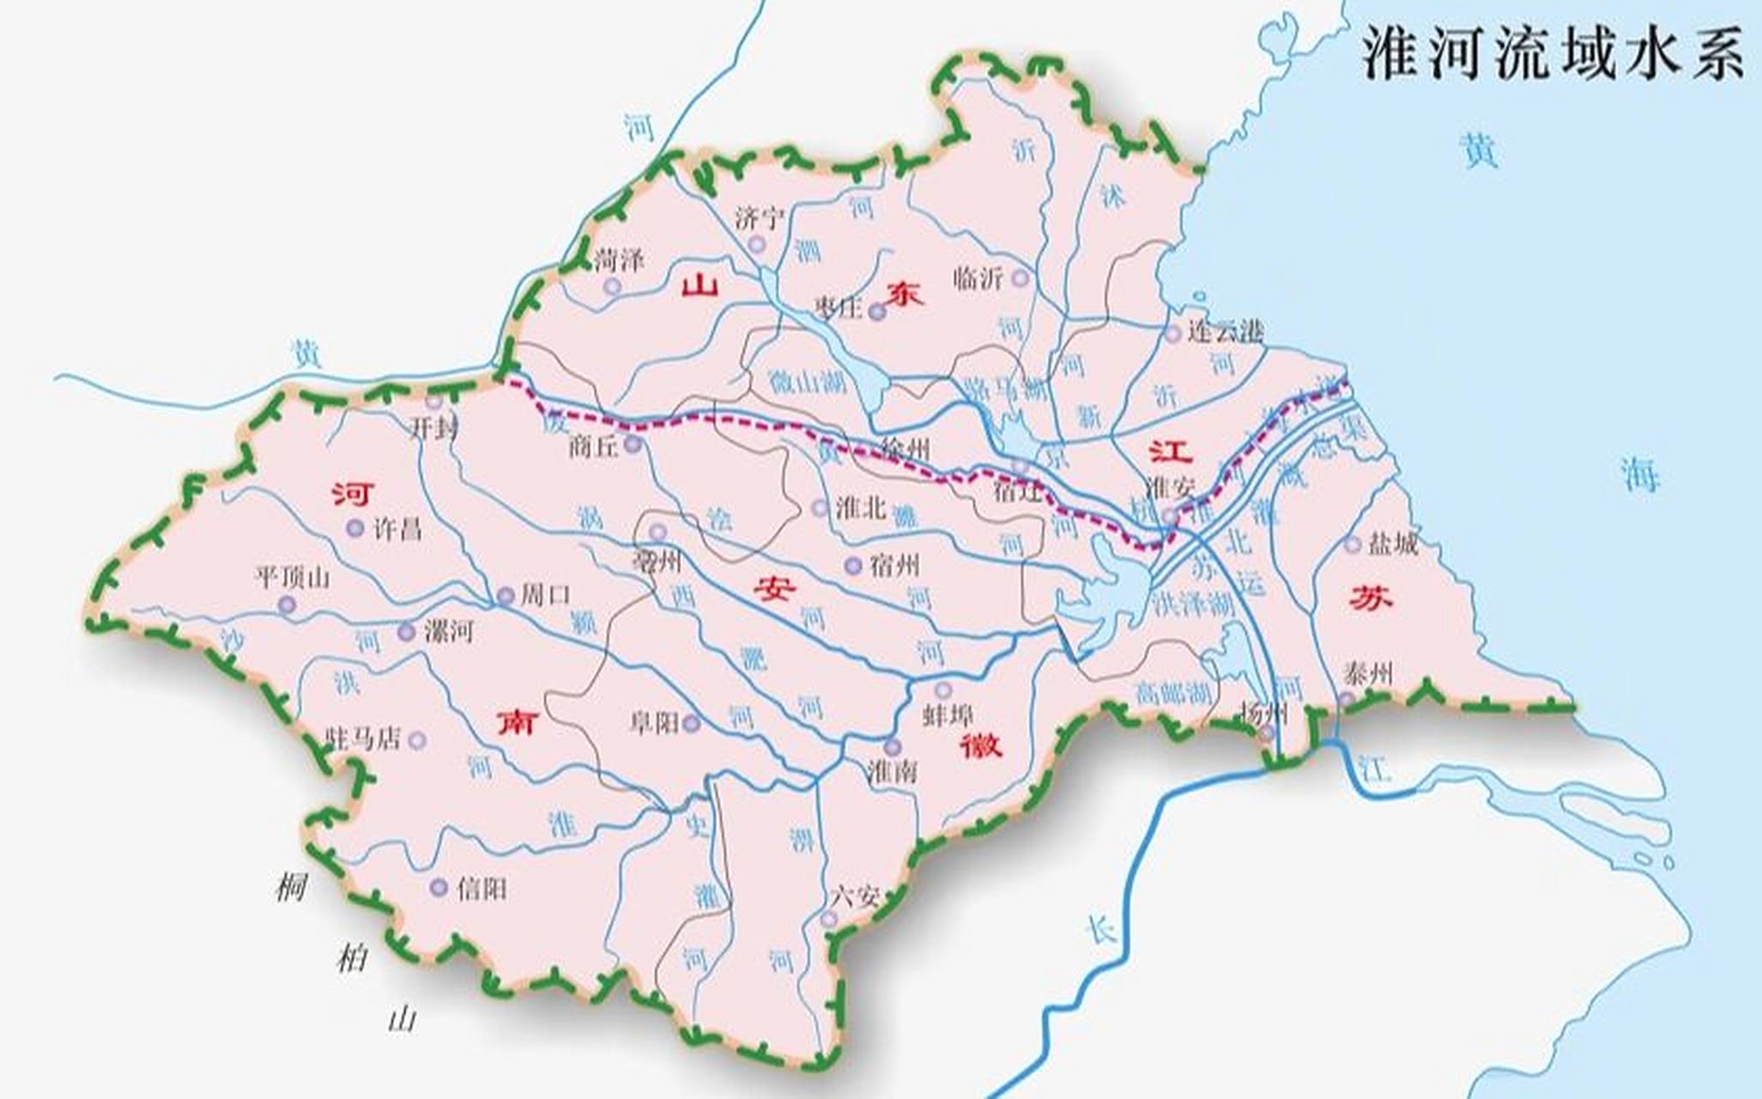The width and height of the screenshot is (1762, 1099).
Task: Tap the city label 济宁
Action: tap(760, 218)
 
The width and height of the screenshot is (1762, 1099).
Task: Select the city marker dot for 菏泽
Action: tap(611, 286)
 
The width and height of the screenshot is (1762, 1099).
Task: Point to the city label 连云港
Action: tap(1226, 331)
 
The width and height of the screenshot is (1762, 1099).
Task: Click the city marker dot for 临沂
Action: tap(1020, 278)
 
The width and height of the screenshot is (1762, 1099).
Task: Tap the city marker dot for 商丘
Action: tap(633, 444)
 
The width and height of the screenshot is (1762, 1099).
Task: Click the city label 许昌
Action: tap(397, 528)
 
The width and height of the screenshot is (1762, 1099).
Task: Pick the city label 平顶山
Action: tap(293, 577)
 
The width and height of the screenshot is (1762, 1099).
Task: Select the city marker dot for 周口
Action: tap(506, 595)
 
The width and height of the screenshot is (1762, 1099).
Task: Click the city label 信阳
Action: tap(481, 888)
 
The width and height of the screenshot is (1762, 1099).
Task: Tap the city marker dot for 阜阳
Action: tap(691, 724)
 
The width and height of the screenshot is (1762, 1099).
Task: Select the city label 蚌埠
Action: tap(948, 714)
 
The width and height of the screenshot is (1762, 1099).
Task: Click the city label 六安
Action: tap(856, 897)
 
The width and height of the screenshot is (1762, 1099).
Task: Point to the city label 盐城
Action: tap(1393, 543)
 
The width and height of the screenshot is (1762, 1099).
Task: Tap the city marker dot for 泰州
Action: tap(1347, 700)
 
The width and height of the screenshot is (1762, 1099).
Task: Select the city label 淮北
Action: tap(861, 507)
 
